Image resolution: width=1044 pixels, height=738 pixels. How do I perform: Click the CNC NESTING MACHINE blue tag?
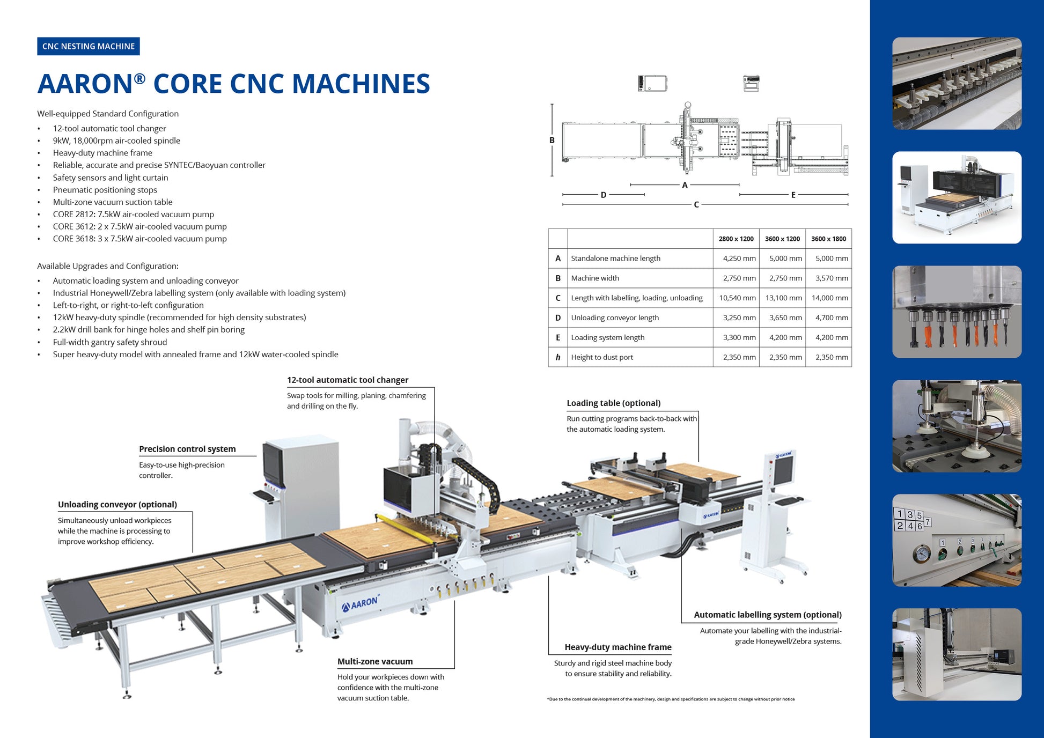pyautogui.click(x=89, y=47)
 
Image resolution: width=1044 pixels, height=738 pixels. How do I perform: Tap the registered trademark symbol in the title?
pyautogui.click(x=139, y=79)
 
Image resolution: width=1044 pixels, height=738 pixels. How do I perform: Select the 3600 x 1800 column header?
pyautogui.click(x=828, y=239)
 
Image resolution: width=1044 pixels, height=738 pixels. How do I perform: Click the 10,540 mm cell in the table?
pyautogui.click(x=737, y=298)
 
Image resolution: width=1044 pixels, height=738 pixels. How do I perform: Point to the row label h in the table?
pyautogui.click(x=558, y=357)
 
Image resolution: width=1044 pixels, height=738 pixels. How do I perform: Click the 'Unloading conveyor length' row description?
pyautogui.click(x=615, y=318)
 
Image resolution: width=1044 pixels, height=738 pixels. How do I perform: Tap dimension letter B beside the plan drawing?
pyautogui.click(x=552, y=141)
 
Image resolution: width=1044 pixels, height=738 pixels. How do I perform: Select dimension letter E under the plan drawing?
pyautogui.click(x=793, y=195)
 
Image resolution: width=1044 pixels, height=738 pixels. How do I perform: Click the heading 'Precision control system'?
pyautogui.click(x=187, y=449)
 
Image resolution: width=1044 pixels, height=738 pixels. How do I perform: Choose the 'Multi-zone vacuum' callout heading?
pyautogui.click(x=375, y=662)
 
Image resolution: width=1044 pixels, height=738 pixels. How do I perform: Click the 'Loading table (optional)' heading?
pyautogui.click(x=613, y=403)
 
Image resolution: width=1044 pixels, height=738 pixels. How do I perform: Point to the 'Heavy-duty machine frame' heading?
pyautogui.click(x=617, y=647)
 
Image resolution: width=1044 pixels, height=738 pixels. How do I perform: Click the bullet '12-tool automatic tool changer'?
pyautogui.click(x=109, y=129)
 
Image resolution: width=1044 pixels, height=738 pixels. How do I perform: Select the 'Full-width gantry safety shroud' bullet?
pyautogui.click(x=110, y=342)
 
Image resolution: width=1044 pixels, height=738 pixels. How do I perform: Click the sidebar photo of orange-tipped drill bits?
pyautogui.click(x=957, y=312)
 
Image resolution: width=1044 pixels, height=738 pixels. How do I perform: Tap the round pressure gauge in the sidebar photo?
pyautogui.click(x=921, y=554)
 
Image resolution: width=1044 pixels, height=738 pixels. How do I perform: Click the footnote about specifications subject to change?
pyautogui.click(x=671, y=699)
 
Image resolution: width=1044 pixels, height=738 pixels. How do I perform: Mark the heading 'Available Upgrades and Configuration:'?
pyautogui.click(x=108, y=266)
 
